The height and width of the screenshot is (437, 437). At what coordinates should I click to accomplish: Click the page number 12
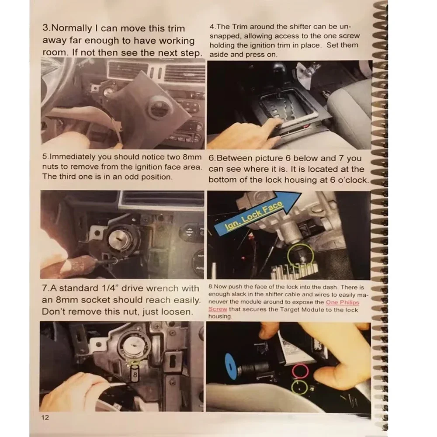coord(45,417)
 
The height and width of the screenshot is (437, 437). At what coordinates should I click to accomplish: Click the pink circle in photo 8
coord(300,371)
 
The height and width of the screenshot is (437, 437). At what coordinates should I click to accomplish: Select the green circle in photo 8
coord(299,387)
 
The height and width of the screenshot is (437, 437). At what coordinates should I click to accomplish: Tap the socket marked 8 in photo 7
coord(135,375)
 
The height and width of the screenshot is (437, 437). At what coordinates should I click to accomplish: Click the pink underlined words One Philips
coord(342,302)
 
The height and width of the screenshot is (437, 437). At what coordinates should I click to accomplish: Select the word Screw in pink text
coord(217,309)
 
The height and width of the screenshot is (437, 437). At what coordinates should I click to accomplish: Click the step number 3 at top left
coord(46,28)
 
